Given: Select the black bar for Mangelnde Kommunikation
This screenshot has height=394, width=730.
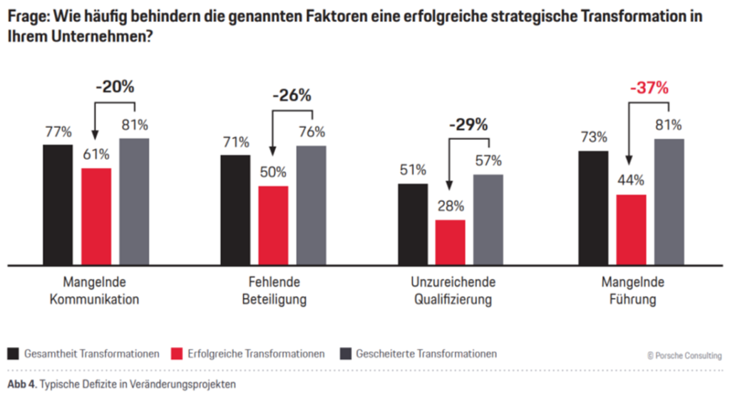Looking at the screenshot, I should click(58, 204).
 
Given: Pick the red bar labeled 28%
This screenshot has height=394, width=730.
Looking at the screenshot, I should click(450, 242).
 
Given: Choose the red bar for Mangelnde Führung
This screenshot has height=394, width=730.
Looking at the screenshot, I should click(631, 229).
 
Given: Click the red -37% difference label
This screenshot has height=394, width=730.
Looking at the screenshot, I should click(649, 89).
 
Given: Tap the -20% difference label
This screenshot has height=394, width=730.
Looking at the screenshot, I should click(115, 87).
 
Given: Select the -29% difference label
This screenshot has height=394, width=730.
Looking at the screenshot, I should click(468, 124).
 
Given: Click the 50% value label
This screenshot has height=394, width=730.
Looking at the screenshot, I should click(273, 172).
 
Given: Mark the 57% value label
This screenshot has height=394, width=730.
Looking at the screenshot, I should click(488, 160).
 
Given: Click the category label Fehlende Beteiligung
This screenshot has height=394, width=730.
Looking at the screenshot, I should click(274, 290).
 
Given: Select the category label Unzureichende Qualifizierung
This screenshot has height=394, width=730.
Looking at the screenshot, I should click(453, 290).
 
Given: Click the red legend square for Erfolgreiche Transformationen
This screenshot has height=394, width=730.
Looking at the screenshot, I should click(178, 353).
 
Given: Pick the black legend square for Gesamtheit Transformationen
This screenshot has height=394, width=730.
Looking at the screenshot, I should click(13, 353).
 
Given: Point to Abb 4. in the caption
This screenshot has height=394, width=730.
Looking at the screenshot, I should click(21, 383).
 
